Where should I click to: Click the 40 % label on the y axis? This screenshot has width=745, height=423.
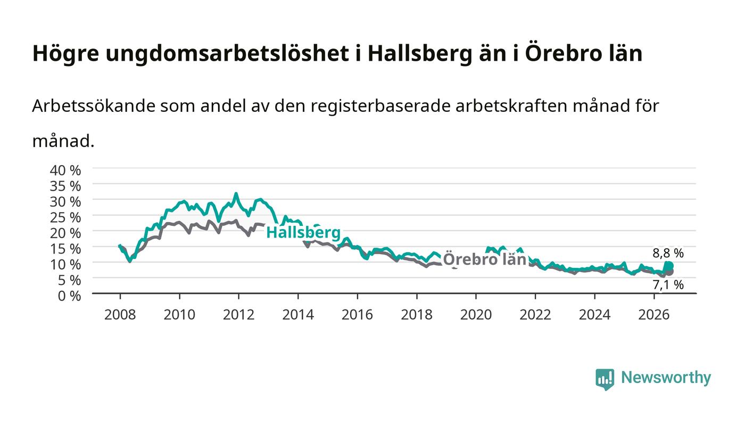pyautogui.click(x=65, y=170)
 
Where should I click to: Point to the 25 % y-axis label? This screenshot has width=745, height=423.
pyautogui.click(x=65, y=217)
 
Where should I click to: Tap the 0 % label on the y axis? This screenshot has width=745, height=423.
pyautogui.click(x=69, y=296)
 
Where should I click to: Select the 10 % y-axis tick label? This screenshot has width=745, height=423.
pyautogui.click(x=65, y=264)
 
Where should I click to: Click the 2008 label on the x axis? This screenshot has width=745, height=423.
pyautogui.click(x=120, y=315)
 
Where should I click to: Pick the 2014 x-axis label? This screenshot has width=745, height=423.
pyautogui.click(x=298, y=315)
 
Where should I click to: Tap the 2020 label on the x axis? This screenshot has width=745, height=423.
pyautogui.click(x=476, y=315)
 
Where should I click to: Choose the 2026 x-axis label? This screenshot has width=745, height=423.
pyautogui.click(x=654, y=315)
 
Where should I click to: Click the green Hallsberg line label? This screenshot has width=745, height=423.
pyautogui.click(x=303, y=232)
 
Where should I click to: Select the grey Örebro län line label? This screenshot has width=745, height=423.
pyautogui.click(x=485, y=259)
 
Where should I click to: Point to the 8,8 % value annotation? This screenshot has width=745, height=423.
pyautogui.click(x=668, y=253)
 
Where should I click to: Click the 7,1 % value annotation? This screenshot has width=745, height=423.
pyautogui.click(x=668, y=285)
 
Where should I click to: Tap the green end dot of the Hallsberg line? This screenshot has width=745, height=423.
pyautogui.click(x=669, y=266)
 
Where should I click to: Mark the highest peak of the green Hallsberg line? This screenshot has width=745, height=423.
pyautogui.click(x=236, y=193)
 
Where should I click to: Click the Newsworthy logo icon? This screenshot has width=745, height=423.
pyautogui.click(x=605, y=379)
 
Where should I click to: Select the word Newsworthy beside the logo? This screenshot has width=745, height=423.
pyautogui.click(x=666, y=378)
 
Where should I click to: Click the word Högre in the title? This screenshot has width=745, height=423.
pyautogui.click(x=66, y=54)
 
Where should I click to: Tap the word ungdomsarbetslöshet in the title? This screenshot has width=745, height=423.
pyautogui.click(x=227, y=54)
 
